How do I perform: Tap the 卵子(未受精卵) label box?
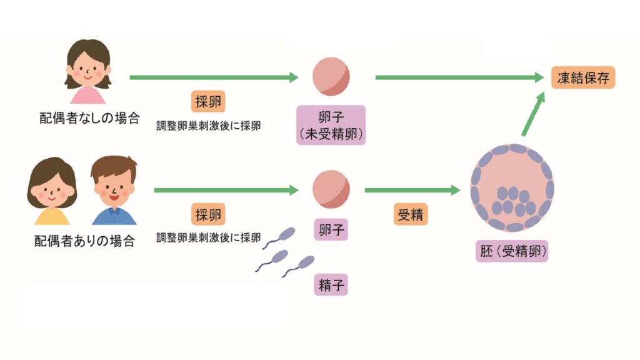coord(331,125)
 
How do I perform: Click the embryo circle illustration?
coord(512,187)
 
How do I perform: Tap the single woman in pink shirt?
coord(88,72)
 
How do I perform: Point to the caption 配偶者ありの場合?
coord(84,241)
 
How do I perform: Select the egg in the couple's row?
coord(331,189)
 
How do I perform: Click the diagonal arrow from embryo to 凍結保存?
coord(532,114)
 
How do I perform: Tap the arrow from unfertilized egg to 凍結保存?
coord(459,77)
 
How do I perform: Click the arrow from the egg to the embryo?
coord(412,190)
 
